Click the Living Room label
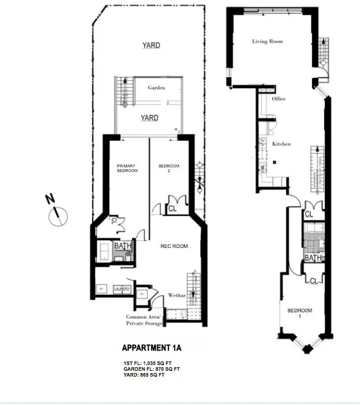[x=267, y=41]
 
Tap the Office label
[x=278, y=99]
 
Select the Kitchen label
[x=281, y=144]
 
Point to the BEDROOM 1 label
[x=299, y=313]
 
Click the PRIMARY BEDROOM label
[x=127, y=169]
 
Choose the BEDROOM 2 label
[x=169, y=169]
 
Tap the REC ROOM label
[x=174, y=246]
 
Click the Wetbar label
[x=177, y=295]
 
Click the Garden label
[x=156, y=88]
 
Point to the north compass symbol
[x=59, y=216]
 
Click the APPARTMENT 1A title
[x=152, y=348]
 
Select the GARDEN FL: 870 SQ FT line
[x=150, y=368]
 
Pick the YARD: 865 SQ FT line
[x=144, y=375]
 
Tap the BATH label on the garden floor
[x=123, y=246]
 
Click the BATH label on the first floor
[x=313, y=258]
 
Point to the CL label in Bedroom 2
[x=172, y=209]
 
